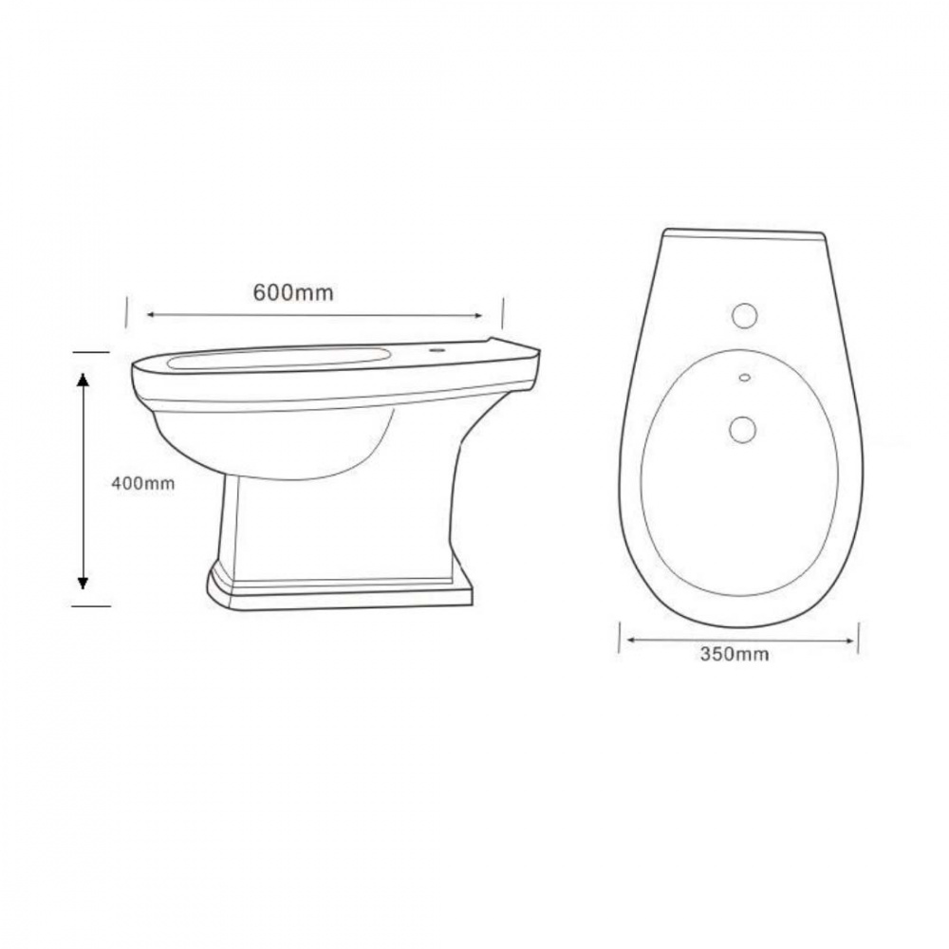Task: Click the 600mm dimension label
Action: [293, 293]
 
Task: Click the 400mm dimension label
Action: [143, 484]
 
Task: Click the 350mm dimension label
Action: [735, 654]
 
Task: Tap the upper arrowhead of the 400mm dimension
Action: [83, 381]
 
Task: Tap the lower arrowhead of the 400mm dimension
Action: [83, 582]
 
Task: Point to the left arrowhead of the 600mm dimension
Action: [151, 315]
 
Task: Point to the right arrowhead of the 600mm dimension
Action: [478, 315]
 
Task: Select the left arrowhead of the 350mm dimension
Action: [630, 639]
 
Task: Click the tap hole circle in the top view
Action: [744, 316]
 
